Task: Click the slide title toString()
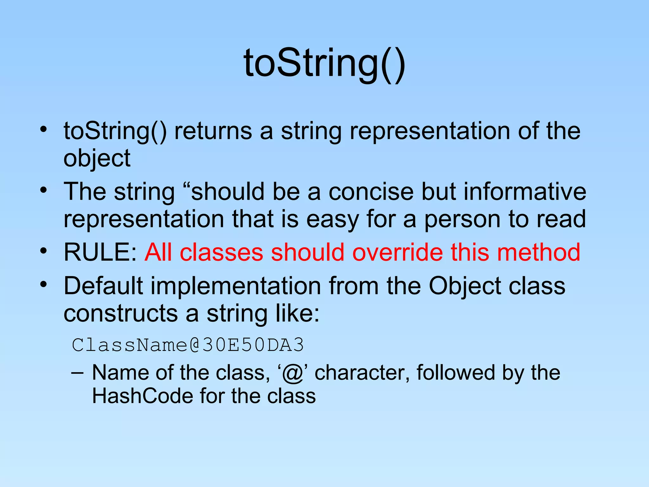[324, 63]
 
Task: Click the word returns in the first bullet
[213, 131]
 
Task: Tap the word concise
[371, 192]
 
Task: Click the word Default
[103, 286]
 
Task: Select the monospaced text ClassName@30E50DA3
[188, 345]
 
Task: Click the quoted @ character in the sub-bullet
[292, 373]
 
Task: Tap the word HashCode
[142, 396]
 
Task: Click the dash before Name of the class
[77, 373]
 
